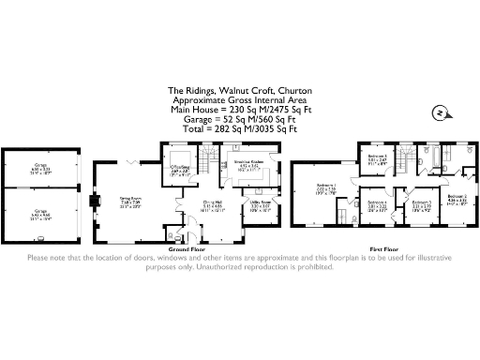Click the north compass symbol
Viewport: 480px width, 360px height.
(x=437, y=114)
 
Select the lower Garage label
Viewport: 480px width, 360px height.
(x=42, y=212)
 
